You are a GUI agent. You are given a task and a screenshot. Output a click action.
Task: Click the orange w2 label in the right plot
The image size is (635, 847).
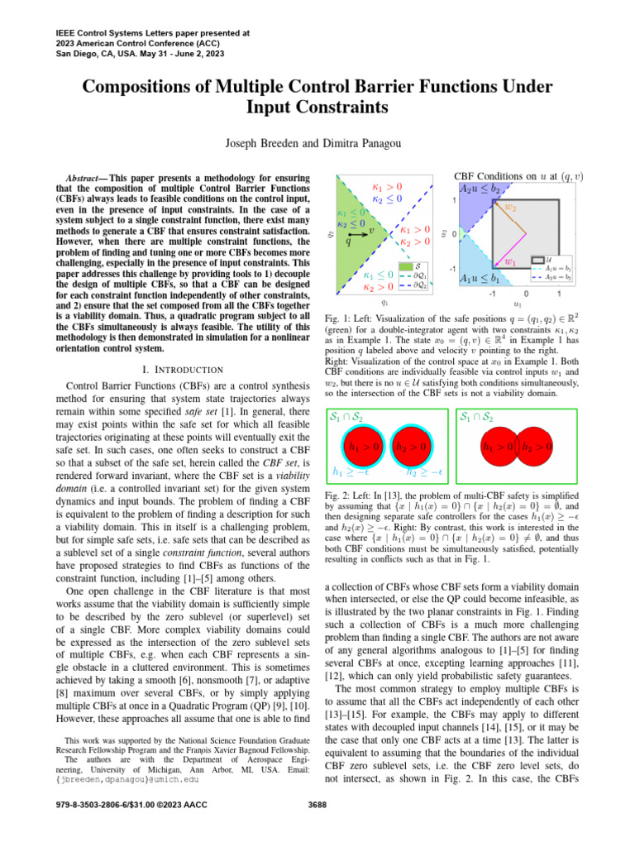[x=511, y=207]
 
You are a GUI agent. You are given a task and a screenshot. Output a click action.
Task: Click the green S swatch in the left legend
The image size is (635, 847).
[x=406, y=266]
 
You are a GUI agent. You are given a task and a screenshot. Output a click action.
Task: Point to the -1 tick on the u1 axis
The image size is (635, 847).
[x=491, y=294]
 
